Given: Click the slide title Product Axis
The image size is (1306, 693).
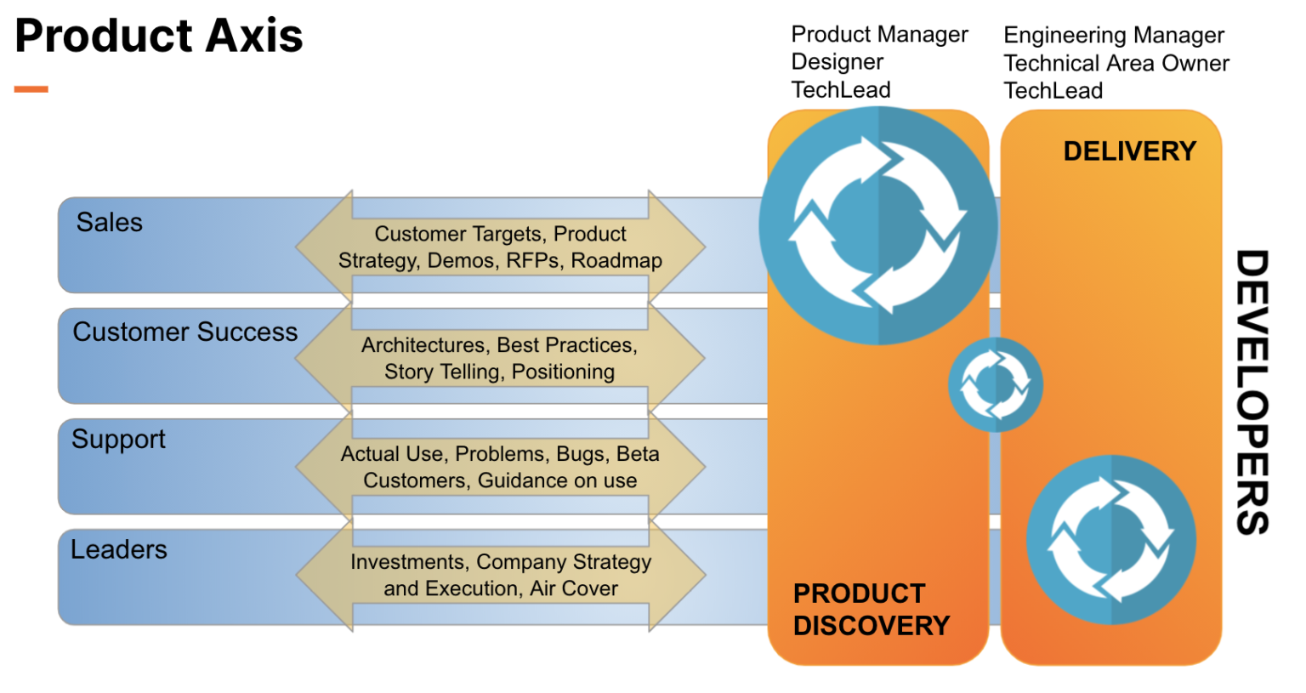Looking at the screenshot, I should tap(159, 36).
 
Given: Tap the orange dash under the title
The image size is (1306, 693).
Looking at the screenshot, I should tap(31, 88).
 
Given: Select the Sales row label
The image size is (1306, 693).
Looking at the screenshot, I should tap(109, 223).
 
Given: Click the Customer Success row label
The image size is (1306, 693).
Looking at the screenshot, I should tap(185, 332).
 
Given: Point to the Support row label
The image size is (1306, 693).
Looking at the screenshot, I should tap(118, 440).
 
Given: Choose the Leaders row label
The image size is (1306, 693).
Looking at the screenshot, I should tap(118, 550).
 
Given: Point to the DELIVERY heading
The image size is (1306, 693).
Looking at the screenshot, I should tap(1129, 151).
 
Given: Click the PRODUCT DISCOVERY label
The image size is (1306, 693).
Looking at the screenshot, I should tap(871, 610).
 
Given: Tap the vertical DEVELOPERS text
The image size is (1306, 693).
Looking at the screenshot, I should tap(1252, 391).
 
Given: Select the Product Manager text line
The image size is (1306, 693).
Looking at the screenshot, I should tap(879, 35).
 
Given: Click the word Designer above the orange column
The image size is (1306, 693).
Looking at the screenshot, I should tap(837, 62).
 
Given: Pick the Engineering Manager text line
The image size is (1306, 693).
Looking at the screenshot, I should tap(1113, 36).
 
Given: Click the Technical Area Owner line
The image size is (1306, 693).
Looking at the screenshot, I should tap(1116, 64).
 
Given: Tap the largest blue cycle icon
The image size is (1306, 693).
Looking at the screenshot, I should tap(877, 226).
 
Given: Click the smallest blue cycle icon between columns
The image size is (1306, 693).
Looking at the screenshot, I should tap(995, 384).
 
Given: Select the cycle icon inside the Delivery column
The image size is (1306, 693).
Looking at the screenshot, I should tap(1110, 540).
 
